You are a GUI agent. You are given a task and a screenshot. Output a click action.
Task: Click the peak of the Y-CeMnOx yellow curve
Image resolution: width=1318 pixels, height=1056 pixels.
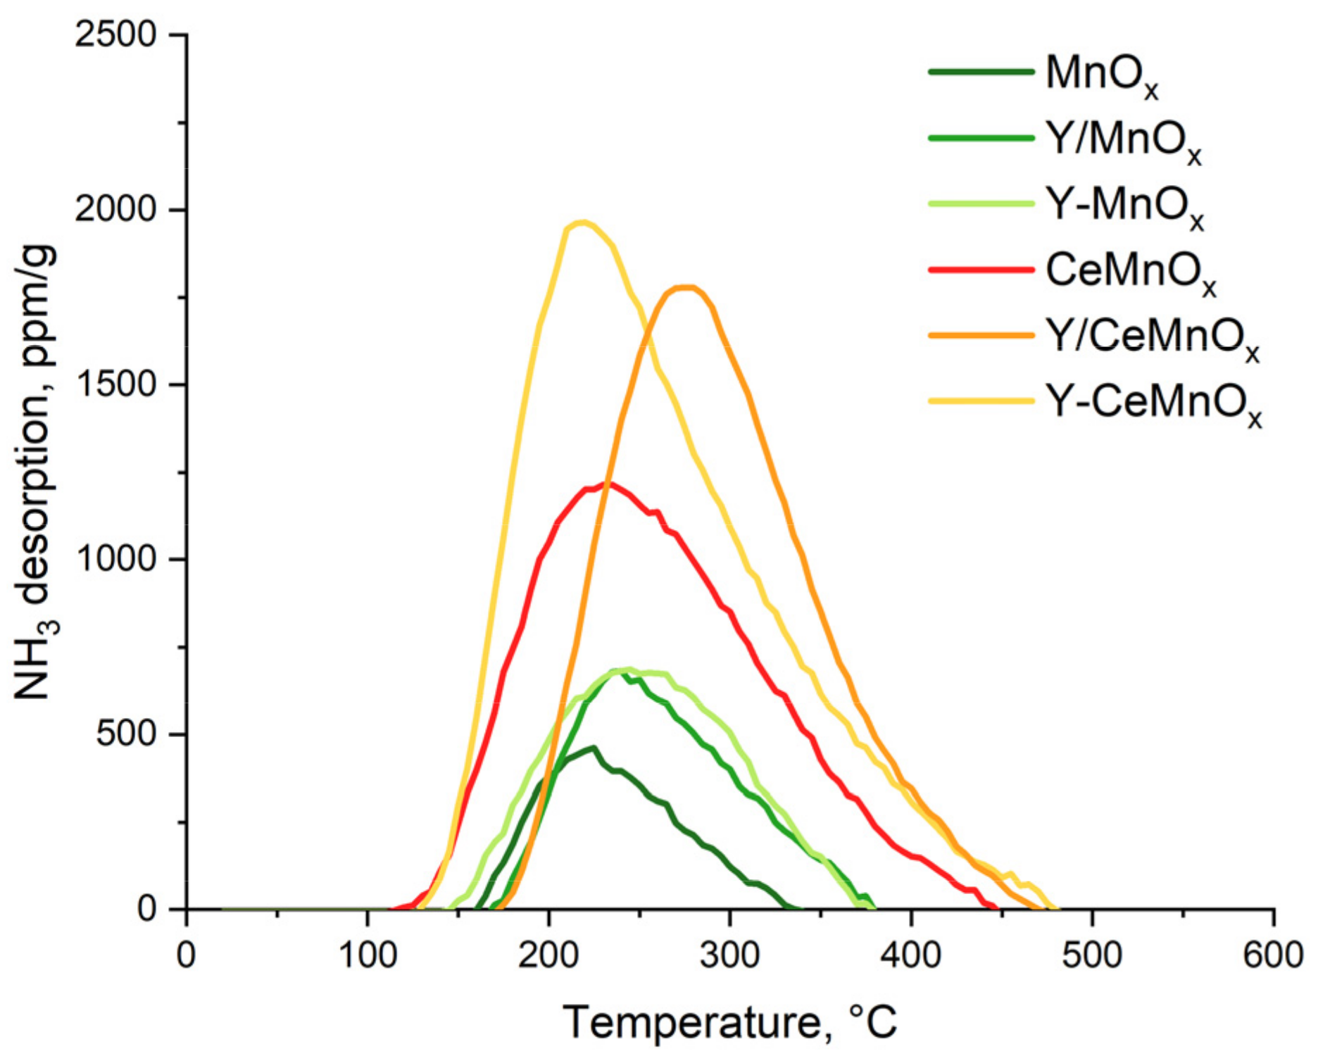pos(582,223)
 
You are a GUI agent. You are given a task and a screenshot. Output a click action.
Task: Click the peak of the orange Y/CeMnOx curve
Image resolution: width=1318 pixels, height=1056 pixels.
pos(686,287)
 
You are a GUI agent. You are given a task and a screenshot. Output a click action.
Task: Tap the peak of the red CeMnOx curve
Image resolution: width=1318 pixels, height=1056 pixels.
pos(607,484)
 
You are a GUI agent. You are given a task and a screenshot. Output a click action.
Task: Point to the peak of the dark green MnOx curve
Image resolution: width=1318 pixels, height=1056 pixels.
pos(594,748)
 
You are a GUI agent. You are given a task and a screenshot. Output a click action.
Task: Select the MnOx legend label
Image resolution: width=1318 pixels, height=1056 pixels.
pos(1101,75)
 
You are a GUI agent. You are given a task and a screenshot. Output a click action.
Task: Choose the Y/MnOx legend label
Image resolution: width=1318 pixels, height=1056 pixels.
pos(1123,141)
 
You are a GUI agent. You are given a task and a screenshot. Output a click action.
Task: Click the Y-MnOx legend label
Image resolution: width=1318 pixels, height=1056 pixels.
pos(1124,206)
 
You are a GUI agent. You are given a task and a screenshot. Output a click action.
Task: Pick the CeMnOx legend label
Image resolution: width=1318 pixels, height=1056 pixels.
pos(1131,272)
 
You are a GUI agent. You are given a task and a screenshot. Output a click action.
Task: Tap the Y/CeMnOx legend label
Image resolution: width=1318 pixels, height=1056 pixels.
pos(1152,339)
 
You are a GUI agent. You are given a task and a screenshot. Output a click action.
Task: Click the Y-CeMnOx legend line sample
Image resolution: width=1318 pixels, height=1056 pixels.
pos(981,401)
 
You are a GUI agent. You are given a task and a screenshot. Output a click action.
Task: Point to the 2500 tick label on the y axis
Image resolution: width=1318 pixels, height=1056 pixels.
pos(115,34)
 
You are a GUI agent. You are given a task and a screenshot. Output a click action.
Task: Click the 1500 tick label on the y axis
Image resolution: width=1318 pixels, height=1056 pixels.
pos(115,384)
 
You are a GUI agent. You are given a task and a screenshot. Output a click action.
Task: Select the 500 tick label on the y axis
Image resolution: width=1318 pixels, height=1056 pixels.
pos(127,734)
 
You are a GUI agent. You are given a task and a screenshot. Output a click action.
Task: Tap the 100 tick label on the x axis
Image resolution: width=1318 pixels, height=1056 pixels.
pos(367,956)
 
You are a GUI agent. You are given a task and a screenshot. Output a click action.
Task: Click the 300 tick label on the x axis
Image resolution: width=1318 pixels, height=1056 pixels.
pos(729,956)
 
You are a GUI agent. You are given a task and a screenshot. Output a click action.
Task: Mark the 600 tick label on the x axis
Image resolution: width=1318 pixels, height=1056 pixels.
pos(1273,956)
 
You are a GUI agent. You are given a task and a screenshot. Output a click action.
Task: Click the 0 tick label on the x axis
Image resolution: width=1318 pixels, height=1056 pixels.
pos(186,956)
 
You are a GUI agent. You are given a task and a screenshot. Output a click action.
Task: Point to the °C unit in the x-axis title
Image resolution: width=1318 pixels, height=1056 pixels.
pos(873,1022)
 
